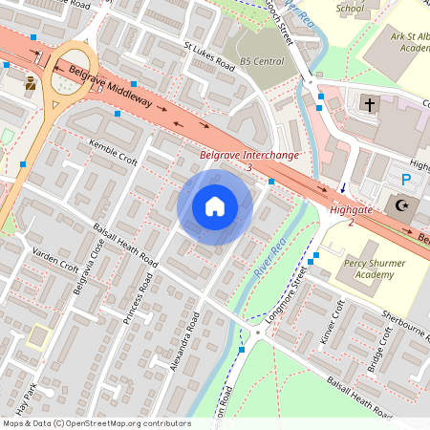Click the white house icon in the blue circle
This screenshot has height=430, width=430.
click(x=215, y=206)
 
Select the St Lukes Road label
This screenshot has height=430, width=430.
click(x=208, y=55)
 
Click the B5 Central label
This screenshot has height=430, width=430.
click(x=262, y=61)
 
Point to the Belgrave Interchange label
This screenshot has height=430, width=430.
click(x=249, y=154)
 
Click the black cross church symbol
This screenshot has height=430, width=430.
click(x=370, y=102)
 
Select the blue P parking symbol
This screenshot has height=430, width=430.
click(x=406, y=180)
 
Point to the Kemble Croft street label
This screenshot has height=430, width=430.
click(x=113, y=148)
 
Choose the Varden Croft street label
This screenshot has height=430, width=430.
click(x=55, y=260)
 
